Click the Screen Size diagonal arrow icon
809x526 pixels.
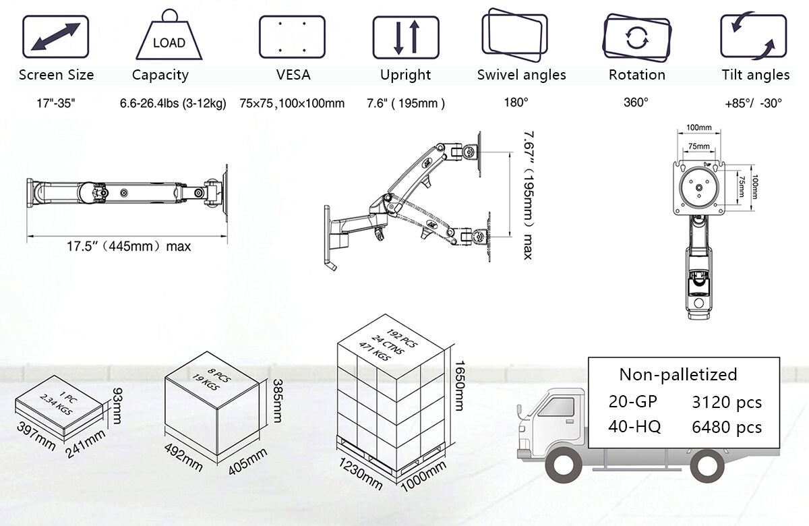coord(56,36)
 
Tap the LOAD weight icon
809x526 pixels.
coord(169,39)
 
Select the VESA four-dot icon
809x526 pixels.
coord(292,36)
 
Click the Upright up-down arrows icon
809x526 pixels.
coord(406,36)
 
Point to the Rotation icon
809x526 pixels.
coord(637,36)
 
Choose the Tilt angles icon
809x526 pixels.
coord(754,36)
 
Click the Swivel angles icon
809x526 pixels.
coord(514,36)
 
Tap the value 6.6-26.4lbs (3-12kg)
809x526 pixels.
coord(173,103)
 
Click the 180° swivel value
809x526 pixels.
coord(516,103)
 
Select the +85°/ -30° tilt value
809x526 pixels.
coord(753,103)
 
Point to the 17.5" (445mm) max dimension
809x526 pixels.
coord(128,246)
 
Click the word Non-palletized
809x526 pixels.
coord(678,374)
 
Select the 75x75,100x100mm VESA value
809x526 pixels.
coord(292,103)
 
